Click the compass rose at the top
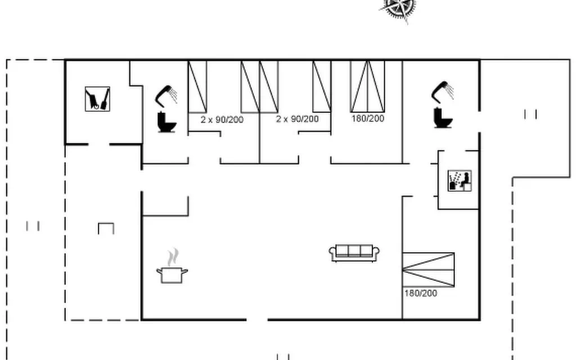click(400, 8)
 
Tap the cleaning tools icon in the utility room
click(97, 99)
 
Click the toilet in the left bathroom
click(166, 122)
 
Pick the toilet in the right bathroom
click(443, 117)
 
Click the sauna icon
click(460, 181)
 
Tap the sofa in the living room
click(354, 253)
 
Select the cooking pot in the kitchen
click(172, 275)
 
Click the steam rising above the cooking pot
click(172, 257)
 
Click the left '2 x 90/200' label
click(222, 119)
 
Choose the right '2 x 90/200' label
click(297, 119)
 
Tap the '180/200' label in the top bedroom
click(368, 118)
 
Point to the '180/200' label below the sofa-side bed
click(421, 293)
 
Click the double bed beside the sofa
click(428, 269)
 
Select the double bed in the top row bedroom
click(367, 86)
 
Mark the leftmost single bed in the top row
click(197, 87)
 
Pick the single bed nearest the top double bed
click(322, 86)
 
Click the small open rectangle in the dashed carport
click(106, 228)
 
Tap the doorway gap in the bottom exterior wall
click(257, 320)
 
